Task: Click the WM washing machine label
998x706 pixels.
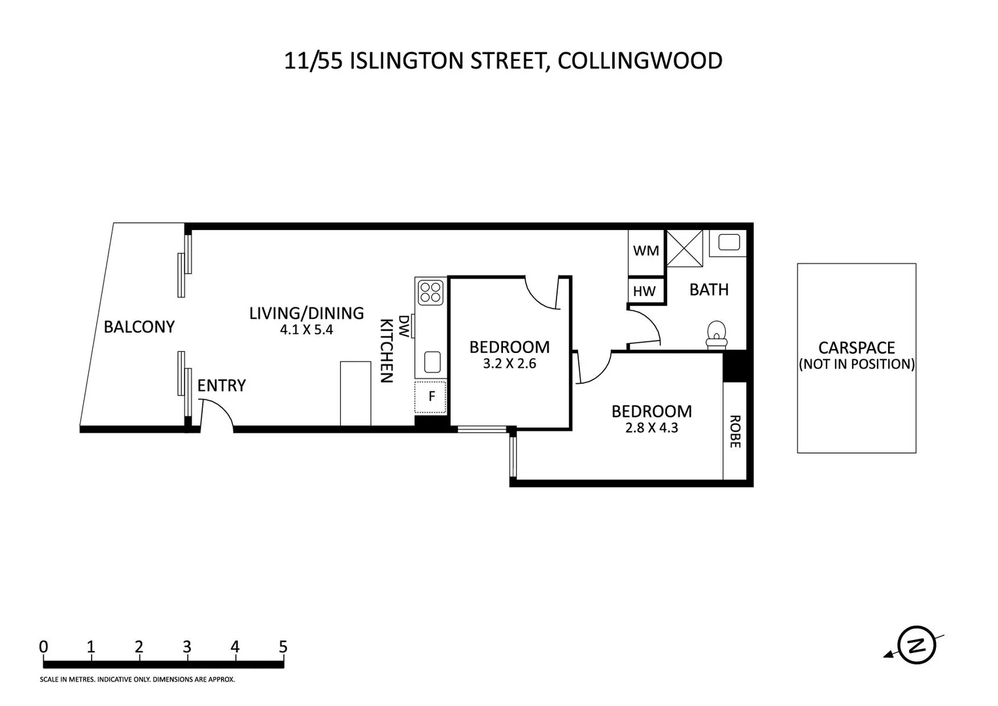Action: tap(645, 251)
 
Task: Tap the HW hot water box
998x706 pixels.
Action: tap(644, 292)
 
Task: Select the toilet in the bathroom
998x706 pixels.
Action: tap(717, 333)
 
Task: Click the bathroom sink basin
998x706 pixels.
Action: tap(729, 243)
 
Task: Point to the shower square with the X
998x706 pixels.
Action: tap(684, 248)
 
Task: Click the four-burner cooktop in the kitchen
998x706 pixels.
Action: tap(430, 292)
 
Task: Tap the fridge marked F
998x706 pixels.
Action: tap(431, 396)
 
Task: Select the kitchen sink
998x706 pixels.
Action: tap(432, 361)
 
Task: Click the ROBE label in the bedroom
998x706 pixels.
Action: tap(734, 431)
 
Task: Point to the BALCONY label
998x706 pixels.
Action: tap(139, 327)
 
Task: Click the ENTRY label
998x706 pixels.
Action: tap(222, 386)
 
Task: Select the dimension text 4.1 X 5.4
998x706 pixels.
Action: tap(307, 330)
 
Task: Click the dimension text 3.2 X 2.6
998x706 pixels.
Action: tap(509, 364)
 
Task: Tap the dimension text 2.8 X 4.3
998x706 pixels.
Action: tap(651, 429)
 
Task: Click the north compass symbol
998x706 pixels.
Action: tap(916, 646)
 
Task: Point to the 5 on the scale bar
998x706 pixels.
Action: tap(283, 647)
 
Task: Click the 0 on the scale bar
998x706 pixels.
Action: tap(44, 647)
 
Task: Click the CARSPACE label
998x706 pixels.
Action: tap(856, 348)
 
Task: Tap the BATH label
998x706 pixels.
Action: tap(709, 290)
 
